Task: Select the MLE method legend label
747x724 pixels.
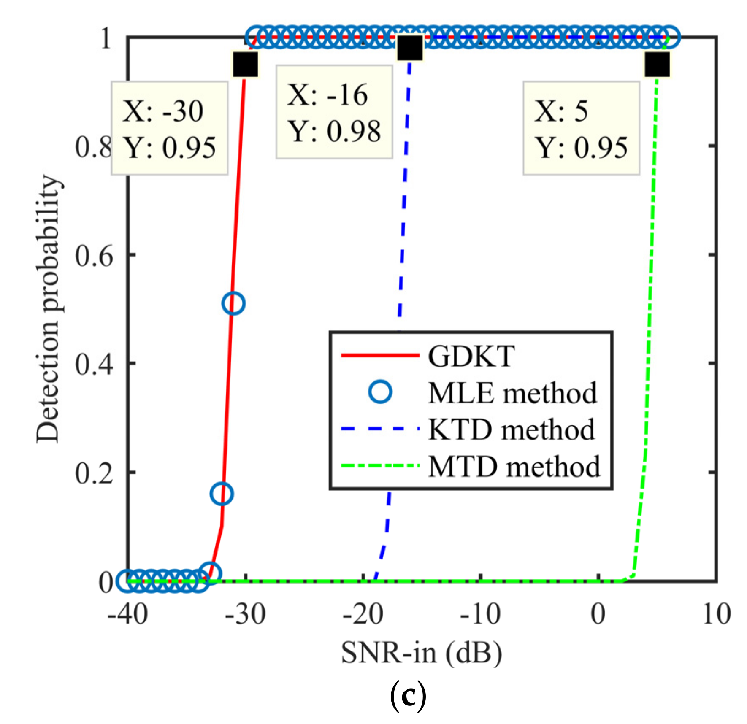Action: [512, 393]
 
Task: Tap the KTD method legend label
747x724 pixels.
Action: [512, 430]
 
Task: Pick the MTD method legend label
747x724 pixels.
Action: [514, 467]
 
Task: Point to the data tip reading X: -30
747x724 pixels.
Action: [169, 128]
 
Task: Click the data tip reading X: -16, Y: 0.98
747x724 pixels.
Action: [334, 112]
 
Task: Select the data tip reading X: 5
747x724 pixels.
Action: [581, 128]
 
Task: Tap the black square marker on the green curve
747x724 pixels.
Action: [657, 65]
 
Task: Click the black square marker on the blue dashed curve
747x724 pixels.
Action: [410, 48]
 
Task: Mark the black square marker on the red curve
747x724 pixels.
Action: [245, 65]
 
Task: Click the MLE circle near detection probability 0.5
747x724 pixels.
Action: [233, 303]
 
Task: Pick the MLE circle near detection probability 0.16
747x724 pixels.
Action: [221, 494]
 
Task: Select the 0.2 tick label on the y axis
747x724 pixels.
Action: [94, 473]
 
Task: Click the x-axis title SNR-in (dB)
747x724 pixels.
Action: [421, 653]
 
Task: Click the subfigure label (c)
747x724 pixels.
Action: [407, 697]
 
